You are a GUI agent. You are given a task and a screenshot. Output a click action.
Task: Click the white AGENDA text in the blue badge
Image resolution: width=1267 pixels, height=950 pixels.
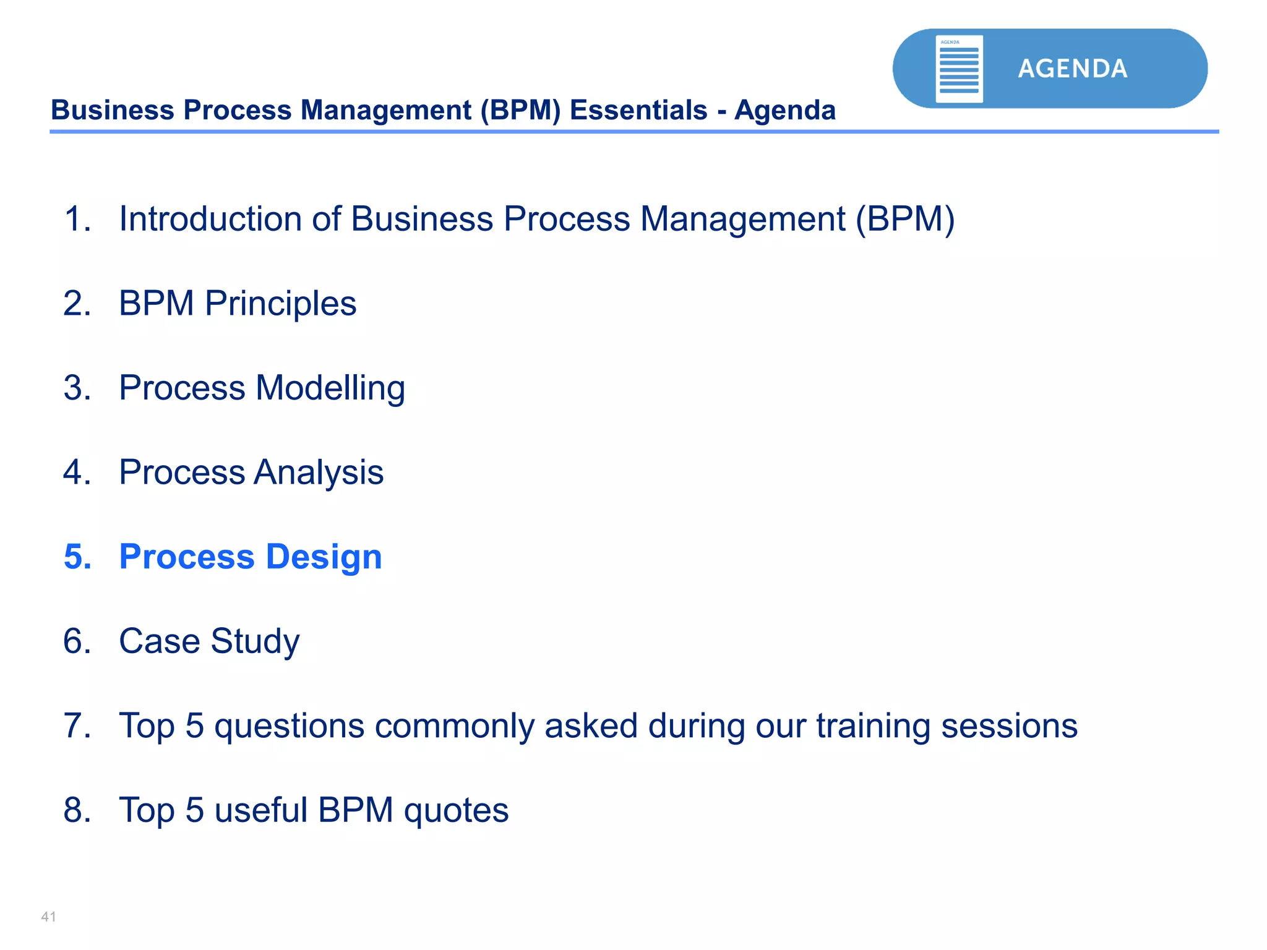[x=1072, y=69]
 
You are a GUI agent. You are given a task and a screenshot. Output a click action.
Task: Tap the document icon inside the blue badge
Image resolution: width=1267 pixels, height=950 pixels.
[x=959, y=69]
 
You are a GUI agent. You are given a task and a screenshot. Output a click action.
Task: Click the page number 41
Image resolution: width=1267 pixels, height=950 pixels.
[x=48, y=917]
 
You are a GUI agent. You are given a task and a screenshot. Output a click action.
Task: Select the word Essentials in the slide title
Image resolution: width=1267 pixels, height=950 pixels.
[x=638, y=110]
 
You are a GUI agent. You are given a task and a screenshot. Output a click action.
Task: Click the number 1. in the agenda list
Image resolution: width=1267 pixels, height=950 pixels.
[x=77, y=219]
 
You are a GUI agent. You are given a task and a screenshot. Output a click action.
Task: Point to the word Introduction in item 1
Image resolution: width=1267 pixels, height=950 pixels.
[x=210, y=219]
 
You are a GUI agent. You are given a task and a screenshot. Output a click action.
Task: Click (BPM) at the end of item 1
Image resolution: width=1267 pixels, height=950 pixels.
[x=905, y=219]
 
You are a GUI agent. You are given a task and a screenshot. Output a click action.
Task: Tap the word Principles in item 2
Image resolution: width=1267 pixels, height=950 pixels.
[x=280, y=304]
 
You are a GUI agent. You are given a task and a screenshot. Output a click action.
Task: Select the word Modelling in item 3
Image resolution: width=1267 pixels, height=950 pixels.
[x=330, y=388]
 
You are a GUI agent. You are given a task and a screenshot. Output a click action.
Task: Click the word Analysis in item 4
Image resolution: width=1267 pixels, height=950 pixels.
[x=318, y=473]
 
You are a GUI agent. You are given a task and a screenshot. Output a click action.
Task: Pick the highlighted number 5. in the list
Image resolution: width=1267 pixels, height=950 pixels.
[x=77, y=557]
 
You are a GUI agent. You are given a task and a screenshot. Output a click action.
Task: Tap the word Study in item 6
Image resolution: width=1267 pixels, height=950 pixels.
[x=255, y=641]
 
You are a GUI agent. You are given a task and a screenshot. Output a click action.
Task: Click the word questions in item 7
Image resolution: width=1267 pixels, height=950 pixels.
[x=289, y=726]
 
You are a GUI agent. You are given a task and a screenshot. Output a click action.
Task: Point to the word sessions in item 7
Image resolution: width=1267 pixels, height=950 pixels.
[x=1009, y=725]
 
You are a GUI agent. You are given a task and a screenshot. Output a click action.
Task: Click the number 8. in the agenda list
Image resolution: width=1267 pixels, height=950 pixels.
[x=77, y=810]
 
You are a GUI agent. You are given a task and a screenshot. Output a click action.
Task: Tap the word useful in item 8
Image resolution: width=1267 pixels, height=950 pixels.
[x=260, y=810]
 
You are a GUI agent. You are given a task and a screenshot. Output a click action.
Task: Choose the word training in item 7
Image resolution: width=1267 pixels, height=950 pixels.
[x=873, y=726]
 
